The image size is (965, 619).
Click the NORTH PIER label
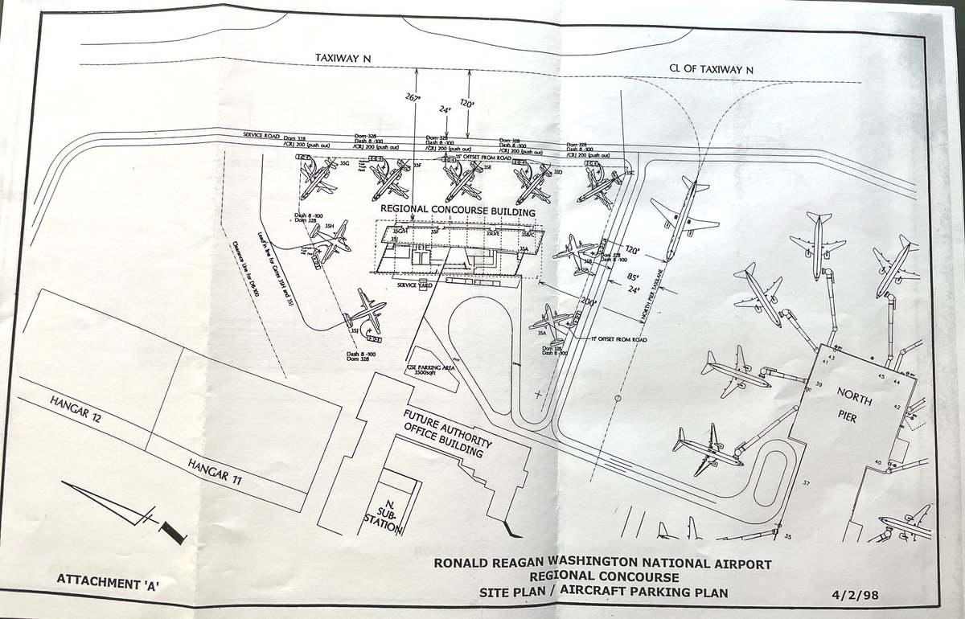point(855,402)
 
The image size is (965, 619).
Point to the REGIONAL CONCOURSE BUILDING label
point(458,212)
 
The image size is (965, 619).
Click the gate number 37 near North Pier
point(806,482)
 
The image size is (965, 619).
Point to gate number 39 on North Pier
point(818,387)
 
